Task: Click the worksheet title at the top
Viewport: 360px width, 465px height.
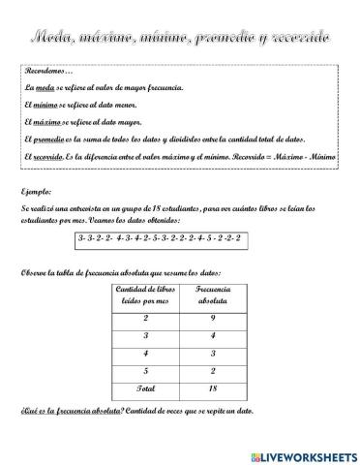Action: coord(180,36)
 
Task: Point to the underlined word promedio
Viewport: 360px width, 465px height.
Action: coord(52,139)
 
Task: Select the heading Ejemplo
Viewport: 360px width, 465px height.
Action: coord(36,190)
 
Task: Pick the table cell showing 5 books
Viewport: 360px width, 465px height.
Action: coord(145,370)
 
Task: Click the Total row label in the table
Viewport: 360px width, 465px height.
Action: coord(145,387)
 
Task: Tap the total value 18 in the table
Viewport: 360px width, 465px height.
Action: coord(212,387)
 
